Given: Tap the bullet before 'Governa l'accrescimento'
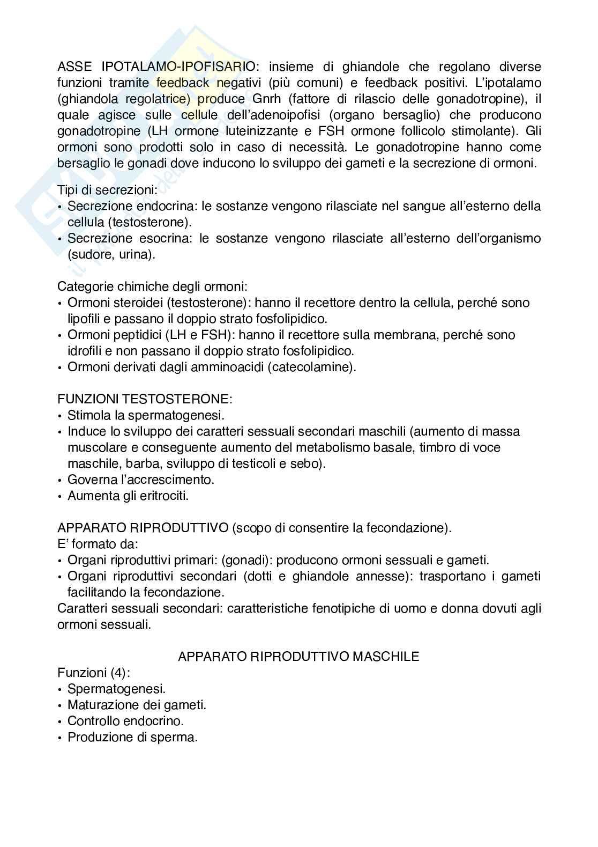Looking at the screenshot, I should tap(59, 480).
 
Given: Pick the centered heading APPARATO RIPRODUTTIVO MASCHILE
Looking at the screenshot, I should tap(298, 656).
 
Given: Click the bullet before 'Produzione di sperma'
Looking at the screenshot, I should tap(59, 738).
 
